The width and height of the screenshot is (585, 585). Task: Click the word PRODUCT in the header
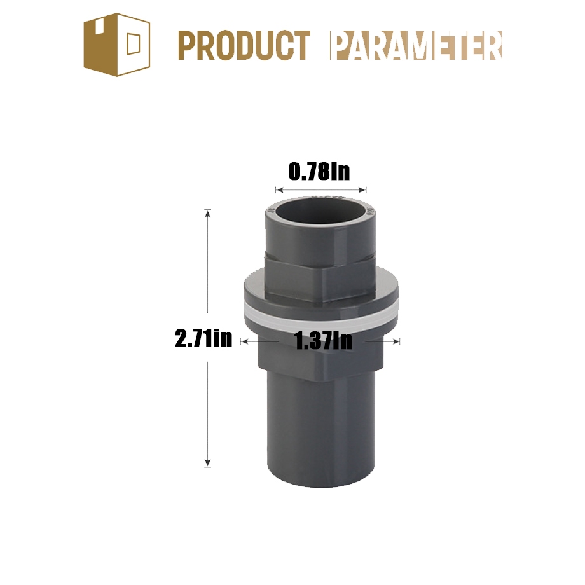click(244, 46)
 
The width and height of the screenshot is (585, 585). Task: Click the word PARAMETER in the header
click(416, 46)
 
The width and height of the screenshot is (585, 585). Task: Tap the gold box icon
click(117, 45)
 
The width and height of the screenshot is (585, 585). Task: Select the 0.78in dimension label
click(319, 172)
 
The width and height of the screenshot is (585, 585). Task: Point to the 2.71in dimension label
click(203, 339)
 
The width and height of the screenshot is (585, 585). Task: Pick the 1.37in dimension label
click(324, 341)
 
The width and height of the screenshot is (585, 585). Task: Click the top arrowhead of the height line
click(208, 213)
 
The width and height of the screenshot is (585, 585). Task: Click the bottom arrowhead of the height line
click(208, 464)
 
